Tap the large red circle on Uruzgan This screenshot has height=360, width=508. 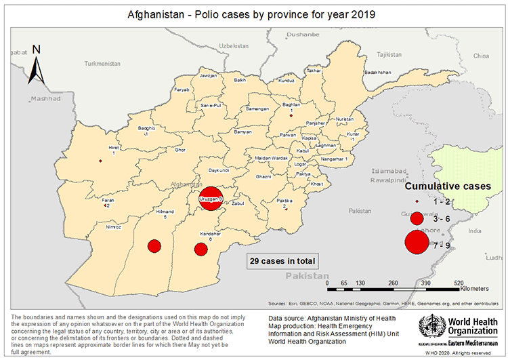pos(211,198)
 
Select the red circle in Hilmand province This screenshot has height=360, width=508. pos(154,245)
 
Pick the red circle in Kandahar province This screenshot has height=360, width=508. pos(200,249)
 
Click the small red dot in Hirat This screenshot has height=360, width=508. pos(100,161)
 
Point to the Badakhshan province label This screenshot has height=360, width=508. pos(377,72)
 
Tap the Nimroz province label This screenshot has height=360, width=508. pos(114,227)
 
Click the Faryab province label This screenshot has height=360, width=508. pos(182,89)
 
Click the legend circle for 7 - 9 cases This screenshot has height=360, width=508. pos(417,241)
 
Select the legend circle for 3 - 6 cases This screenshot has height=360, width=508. pos(417,219)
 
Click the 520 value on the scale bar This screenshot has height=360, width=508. pos(458,282)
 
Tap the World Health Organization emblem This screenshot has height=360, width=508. pos(431,328)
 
